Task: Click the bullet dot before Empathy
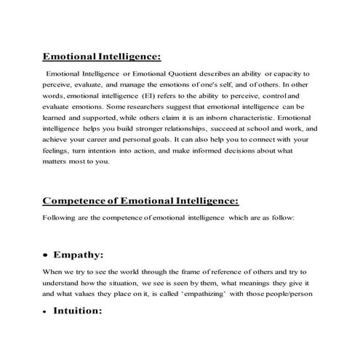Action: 47,256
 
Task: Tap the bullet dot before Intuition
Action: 47,311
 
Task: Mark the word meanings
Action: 253,283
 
